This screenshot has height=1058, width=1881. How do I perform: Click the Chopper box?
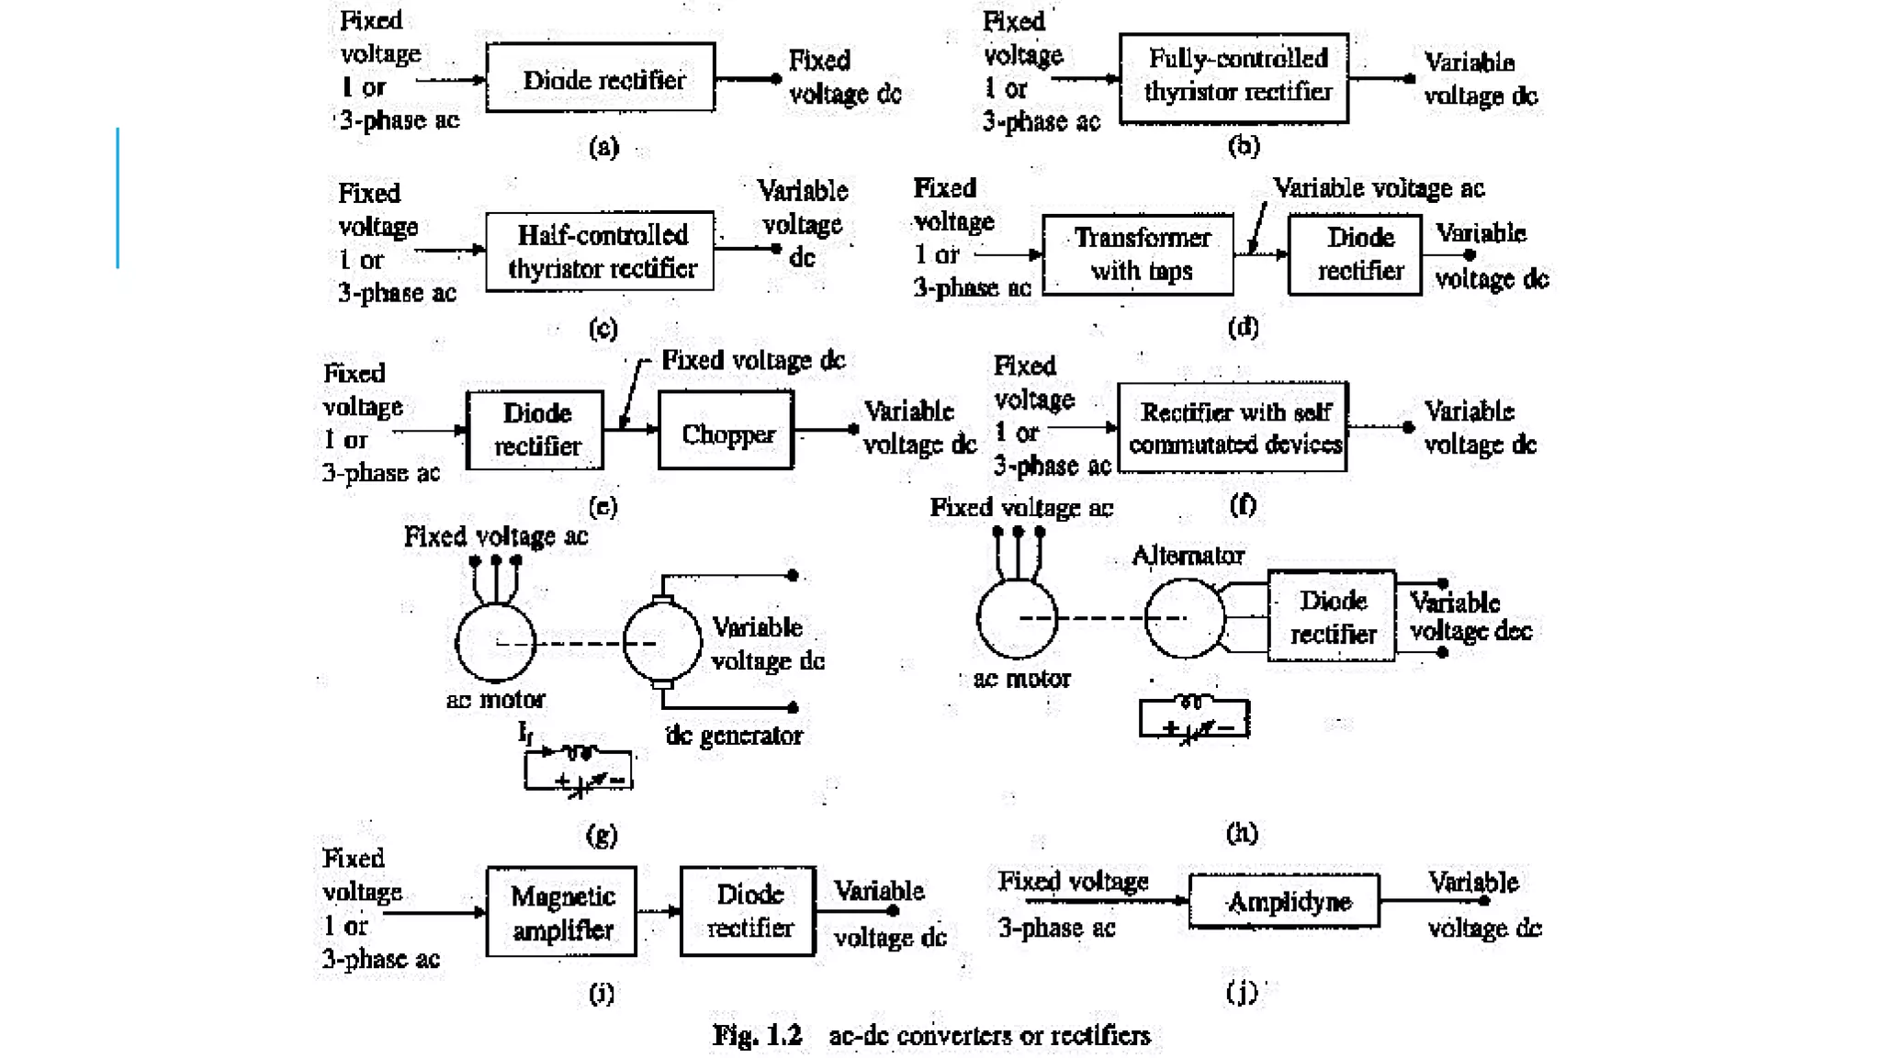point(726,431)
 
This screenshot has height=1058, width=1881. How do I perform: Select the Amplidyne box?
point(1284,901)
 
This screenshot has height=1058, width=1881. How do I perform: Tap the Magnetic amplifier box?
point(562,911)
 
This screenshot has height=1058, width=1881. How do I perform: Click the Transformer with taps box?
point(1138,254)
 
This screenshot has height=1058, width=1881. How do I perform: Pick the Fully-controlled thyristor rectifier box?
point(1233,77)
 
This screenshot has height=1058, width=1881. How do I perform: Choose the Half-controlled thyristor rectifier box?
point(600,251)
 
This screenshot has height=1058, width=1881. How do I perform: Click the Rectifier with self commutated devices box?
point(1233,427)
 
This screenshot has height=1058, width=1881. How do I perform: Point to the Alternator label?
point(1188,555)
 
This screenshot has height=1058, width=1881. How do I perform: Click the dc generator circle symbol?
point(661,642)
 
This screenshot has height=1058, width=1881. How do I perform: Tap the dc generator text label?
point(733,735)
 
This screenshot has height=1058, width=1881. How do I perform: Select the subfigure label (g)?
point(602,834)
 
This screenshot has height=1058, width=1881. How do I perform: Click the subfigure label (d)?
point(1243,327)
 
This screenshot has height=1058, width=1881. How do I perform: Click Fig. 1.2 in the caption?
point(758,1035)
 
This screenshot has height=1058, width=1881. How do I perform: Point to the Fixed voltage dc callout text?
point(753,359)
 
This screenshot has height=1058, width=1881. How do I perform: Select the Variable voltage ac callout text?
point(1379,187)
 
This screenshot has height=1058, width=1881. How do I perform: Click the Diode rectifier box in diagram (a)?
point(601,78)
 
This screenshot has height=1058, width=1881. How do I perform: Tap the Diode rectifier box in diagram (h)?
point(1332,615)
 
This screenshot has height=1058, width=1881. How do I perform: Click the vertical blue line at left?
point(118,197)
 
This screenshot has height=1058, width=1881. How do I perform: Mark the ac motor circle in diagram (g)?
point(496,642)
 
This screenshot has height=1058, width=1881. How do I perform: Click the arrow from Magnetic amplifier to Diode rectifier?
point(659,911)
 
